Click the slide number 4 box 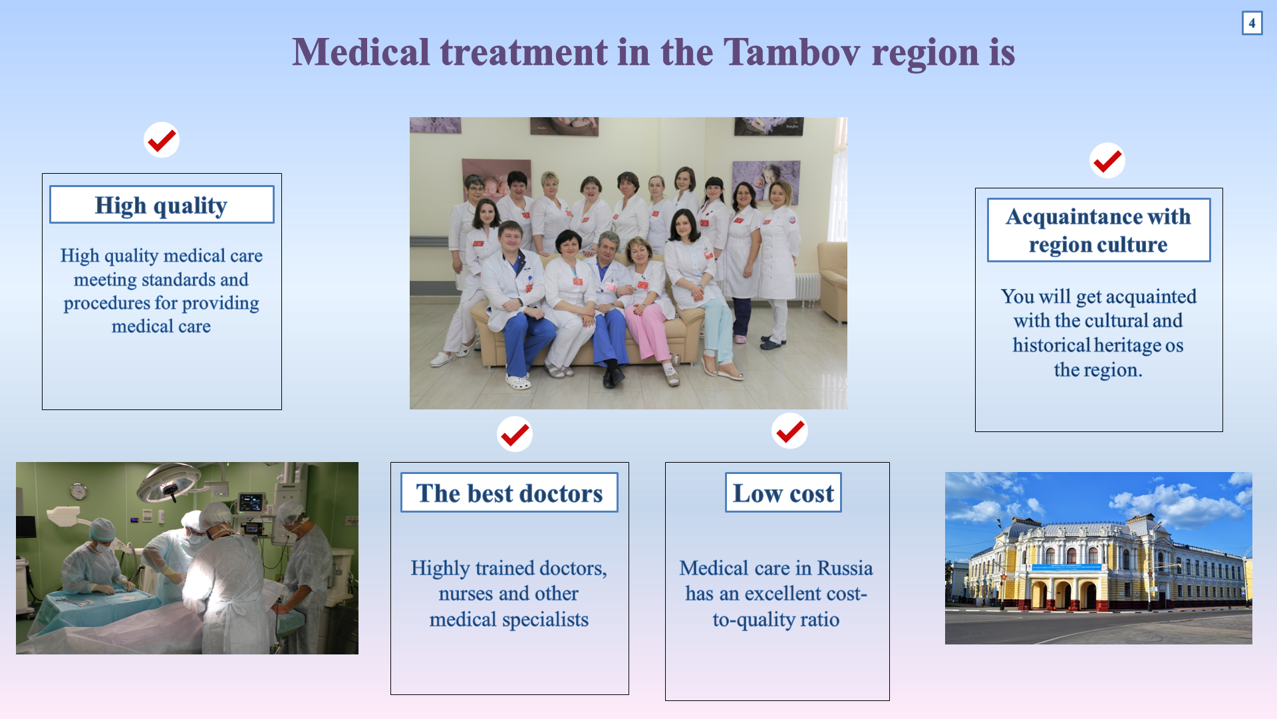[x=1252, y=23]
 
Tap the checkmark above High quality [x=162, y=140]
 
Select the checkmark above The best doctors [x=515, y=435]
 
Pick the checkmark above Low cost [x=789, y=431]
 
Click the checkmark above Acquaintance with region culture [x=1107, y=160]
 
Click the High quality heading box [x=162, y=204]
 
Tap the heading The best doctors [x=509, y=493]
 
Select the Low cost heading [x=783, y=493]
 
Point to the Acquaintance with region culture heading [x=1099, y=230]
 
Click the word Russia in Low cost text [x=845, y=568]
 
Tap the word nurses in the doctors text [x=466, y=594]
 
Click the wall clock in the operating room [x=78, y=491]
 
